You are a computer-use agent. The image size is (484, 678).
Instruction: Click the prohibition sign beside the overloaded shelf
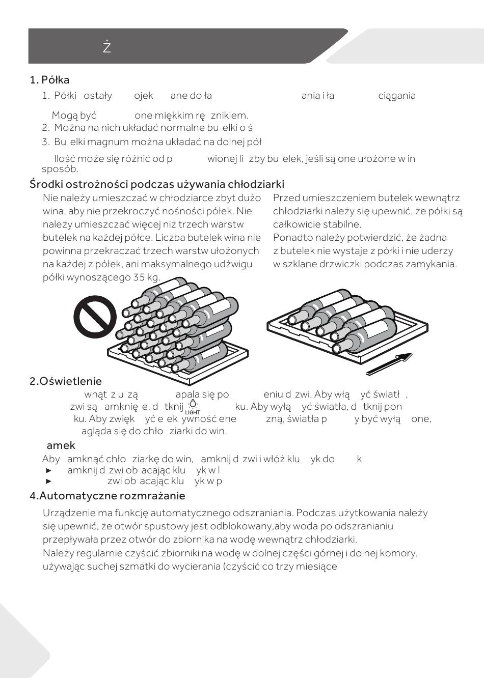click(x=95, y=317)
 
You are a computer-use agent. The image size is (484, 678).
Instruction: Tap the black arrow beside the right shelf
click(x=389, y=364)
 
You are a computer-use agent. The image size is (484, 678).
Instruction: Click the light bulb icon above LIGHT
click(x=193, y=404)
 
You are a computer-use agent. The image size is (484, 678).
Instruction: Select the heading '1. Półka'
click(x=49, y=80)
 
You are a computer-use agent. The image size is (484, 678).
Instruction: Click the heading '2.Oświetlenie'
click(x=66, y=381)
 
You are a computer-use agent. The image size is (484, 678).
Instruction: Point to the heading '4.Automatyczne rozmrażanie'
click(x=107, y=496)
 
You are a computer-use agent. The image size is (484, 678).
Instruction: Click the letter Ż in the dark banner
click(x=106, y=47)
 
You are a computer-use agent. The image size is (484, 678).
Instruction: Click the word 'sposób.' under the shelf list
click(x=60, y=169)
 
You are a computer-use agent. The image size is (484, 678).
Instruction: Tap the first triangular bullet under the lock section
click(x=49, y=470)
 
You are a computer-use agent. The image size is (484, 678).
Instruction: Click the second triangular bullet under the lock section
click(x=49, y=481)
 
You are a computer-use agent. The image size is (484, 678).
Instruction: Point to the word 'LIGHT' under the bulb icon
click(x=193, y=412)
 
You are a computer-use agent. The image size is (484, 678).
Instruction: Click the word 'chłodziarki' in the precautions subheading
click(x=257, y=184)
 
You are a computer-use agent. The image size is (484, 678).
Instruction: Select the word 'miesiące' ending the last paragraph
click(x=318, y=567)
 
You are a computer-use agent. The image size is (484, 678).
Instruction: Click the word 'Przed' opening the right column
click(x=285, y=198)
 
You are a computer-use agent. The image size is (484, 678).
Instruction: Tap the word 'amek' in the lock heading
click(x=61, y=445)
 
